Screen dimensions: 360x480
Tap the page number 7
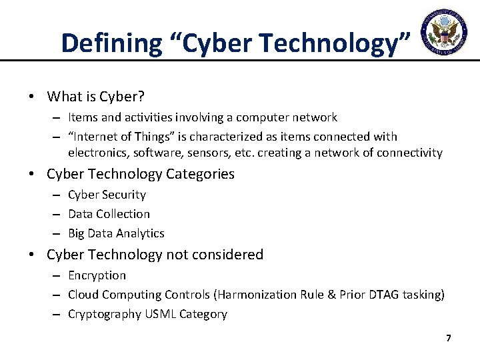(x=449, y=339)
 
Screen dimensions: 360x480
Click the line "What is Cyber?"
(x=95, y=96)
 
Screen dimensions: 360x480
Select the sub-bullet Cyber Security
(x=107, y=195)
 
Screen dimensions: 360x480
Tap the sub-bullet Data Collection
(x=109, y=214)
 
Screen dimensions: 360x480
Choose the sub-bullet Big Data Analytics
(x=116, y=233)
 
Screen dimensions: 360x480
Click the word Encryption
(x=97, y=275)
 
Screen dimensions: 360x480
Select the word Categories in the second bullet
(x=201, y=175)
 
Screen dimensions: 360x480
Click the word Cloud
(x=83, y=295)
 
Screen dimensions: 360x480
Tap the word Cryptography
(x=105, y=314)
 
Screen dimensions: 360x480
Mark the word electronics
(x=99, y=153)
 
